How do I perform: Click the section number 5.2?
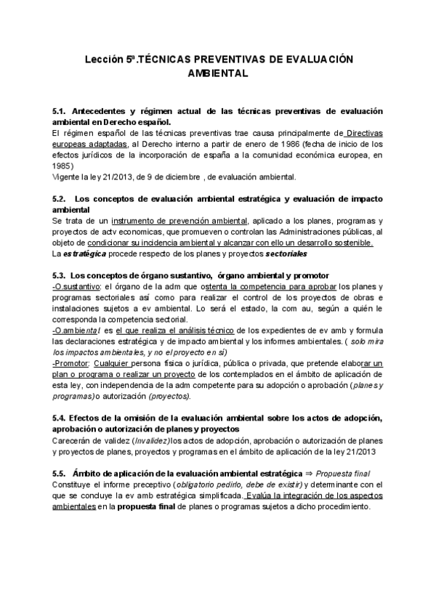coord(60,198)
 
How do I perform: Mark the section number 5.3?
coord(60,275)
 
